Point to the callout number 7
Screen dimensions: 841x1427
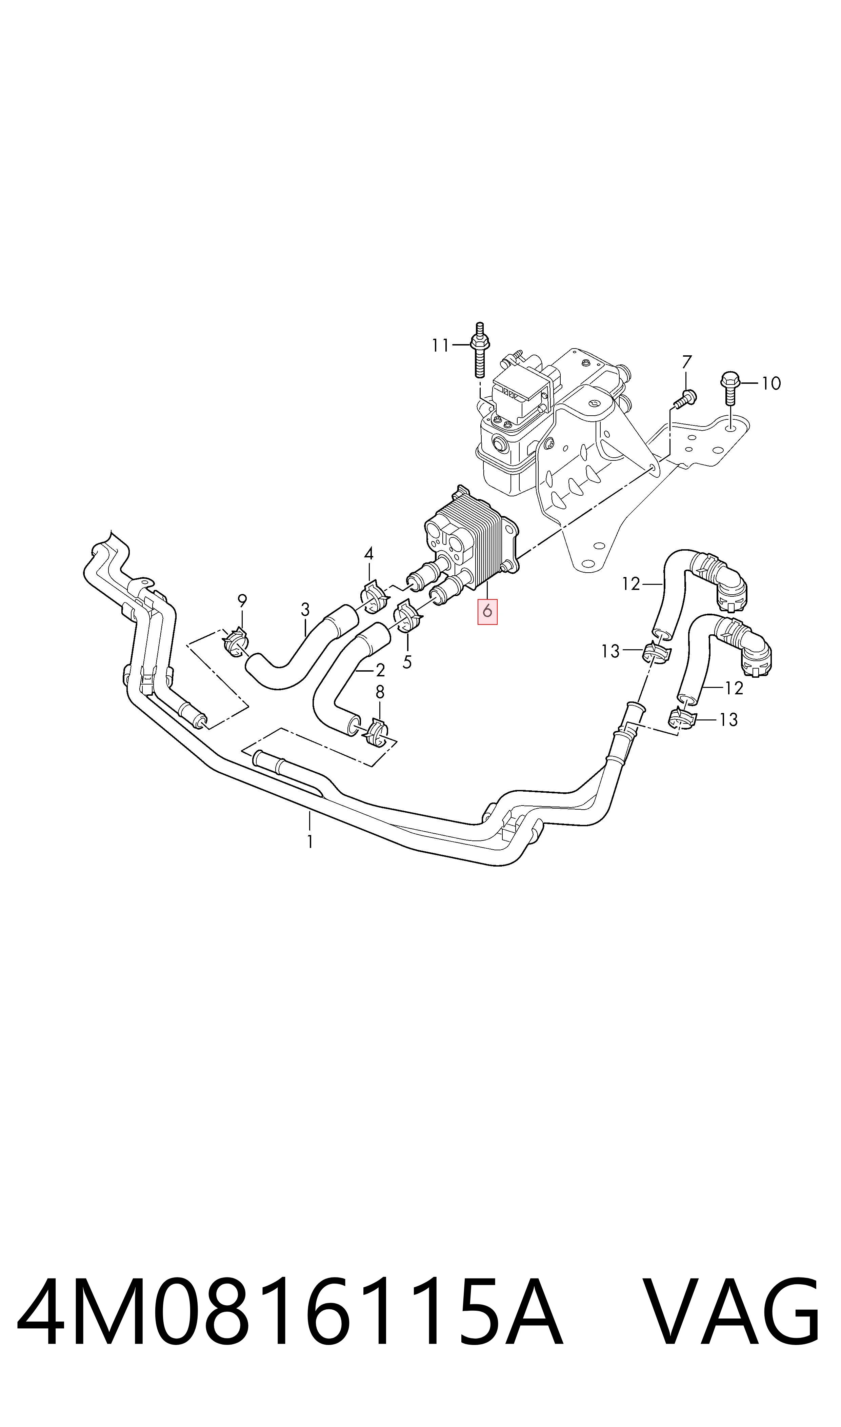pos(687,361)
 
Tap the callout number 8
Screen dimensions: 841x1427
pos(380,692)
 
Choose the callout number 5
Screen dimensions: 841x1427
pos(407,662)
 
